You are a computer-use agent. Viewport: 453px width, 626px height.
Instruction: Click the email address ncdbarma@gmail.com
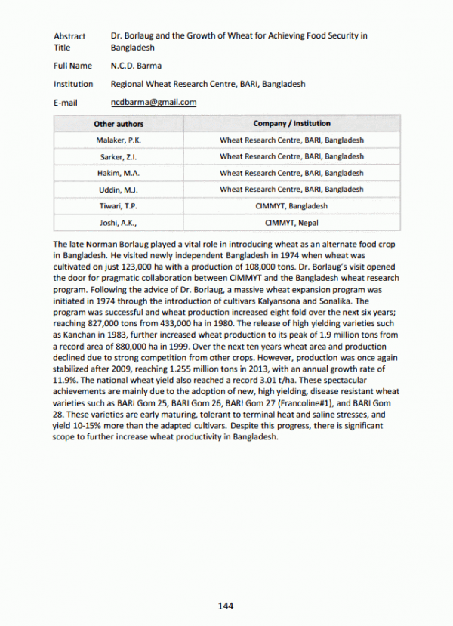(x=153, y=103)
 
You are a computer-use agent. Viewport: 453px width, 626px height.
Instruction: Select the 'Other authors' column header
(x=119, y=124)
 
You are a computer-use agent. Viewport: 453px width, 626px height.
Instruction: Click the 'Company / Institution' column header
(x=291, y=124)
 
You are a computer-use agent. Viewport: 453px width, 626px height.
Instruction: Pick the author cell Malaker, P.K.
(x=119, y=140)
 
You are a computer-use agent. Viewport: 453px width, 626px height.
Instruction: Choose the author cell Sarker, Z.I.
(x=119, y=157)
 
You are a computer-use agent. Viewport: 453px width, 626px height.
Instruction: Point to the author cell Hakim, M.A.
(x=119, y=174)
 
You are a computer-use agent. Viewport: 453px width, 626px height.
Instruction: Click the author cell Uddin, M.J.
(x=119, y=190)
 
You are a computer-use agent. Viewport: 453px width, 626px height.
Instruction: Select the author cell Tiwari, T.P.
(x=119, y=206)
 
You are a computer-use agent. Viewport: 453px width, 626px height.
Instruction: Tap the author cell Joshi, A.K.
(x=119, y=223)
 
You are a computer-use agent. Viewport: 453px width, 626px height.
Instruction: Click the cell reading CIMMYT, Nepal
(x=291, y=223)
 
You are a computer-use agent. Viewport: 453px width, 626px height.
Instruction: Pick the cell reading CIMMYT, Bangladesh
(x=291, y=206)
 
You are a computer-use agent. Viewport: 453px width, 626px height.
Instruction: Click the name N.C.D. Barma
(x=135, y=66)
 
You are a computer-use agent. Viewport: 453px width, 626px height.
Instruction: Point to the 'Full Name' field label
(x=72, y=66)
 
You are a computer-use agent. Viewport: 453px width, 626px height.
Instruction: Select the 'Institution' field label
(x=73, y=85)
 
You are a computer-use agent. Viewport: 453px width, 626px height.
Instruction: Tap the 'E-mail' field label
(x=66, y=103)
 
